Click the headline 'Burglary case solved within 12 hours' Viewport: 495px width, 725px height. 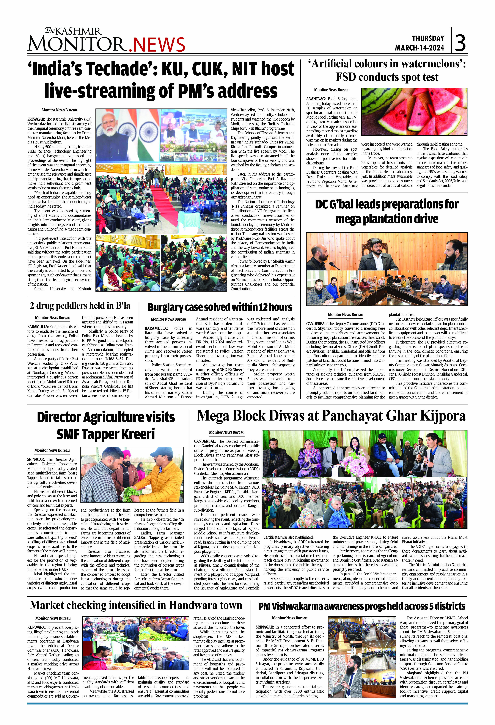pos(220,307)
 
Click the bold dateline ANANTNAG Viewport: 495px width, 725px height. pos(316,99)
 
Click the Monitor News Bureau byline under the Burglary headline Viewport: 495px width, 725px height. pos(168,319)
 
